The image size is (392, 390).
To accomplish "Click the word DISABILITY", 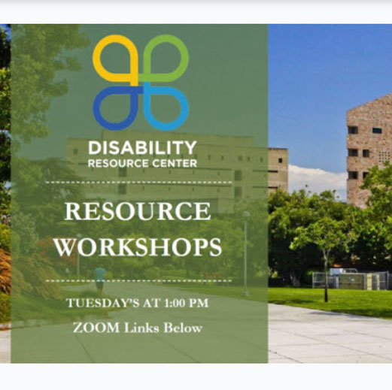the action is click(142, 147).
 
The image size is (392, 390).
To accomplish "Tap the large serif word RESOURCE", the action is click(138, 211).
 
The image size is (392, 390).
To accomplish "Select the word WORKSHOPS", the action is click(138, 247).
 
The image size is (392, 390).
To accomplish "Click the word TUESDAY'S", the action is click(103, 303).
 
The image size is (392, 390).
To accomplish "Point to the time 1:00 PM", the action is click(187, 303).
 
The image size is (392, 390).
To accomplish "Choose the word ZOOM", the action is click(96, 328).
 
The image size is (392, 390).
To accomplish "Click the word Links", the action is click(141, 328).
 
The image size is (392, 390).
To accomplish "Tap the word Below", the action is click(183, 328).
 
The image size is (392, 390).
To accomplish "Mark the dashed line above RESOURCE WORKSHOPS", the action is click(138, 183).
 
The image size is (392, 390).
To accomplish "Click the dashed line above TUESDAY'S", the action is click(138, 281).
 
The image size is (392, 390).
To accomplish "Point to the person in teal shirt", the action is click(100, 279).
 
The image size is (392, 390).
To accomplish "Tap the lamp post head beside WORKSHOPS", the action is click(246, 214).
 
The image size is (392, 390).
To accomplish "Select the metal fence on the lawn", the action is click(351, 280).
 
